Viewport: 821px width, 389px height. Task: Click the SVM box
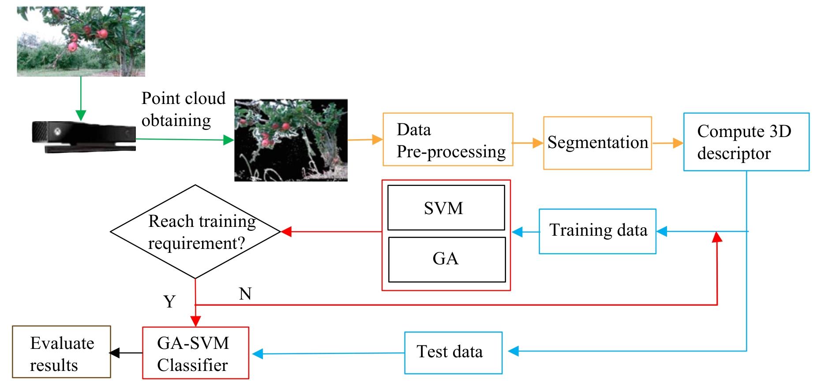coord(446,207)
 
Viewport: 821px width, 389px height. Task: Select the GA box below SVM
coord(446,259)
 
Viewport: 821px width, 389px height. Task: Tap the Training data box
coord(597,231)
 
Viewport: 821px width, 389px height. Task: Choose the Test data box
coord(453,352)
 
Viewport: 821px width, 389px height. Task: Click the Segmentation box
coord(597,143)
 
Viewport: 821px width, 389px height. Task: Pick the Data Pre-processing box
coord(447,140)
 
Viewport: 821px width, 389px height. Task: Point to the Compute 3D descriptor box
coord(746,142)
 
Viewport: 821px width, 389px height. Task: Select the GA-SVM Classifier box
coord(195,353)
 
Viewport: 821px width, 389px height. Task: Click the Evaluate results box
coord(61,352)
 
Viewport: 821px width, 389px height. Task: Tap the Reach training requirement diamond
coord(195,232)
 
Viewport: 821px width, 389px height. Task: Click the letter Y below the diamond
coord(169,302)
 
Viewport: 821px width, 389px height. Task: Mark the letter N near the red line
coord(245,294)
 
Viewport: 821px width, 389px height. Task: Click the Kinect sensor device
coord(84,136)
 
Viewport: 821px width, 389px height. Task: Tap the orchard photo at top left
coord(81,41)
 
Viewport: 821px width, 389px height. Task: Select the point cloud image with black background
coord(291,140)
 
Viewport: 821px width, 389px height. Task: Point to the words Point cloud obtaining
coord(183,109)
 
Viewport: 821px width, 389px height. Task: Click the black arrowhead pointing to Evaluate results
coord(114,352)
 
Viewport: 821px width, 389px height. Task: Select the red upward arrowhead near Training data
coord(717,237)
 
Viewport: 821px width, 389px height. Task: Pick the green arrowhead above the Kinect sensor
coord(81,115)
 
